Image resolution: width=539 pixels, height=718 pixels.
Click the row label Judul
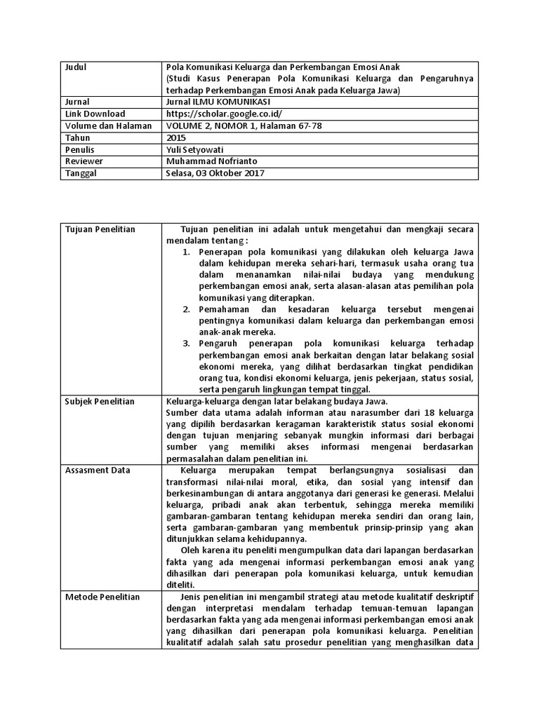75,67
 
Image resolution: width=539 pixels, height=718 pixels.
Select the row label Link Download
95,114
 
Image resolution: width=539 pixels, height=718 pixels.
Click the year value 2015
177,138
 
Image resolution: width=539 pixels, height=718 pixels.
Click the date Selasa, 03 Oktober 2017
216,174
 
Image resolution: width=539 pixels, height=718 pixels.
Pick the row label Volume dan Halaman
108,126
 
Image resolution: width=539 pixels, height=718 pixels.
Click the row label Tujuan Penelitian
100,229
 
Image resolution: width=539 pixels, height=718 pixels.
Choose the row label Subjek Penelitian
100,402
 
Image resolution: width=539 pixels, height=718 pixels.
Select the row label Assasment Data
97,470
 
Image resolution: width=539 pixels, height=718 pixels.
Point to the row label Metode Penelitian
102,597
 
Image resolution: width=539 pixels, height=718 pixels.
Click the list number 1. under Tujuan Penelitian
186,251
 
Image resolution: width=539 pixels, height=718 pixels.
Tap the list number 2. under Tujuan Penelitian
186,309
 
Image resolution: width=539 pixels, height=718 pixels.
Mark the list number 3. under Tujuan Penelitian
186,344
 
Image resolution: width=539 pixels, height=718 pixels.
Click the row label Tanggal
81,174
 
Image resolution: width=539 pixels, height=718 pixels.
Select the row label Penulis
79,150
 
